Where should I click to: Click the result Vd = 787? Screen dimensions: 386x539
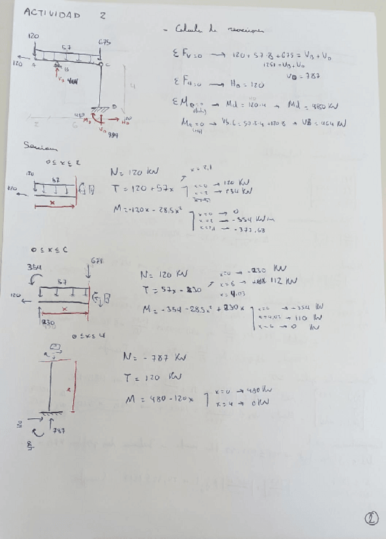coord(307,74)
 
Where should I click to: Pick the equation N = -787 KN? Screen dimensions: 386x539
coord(149,358)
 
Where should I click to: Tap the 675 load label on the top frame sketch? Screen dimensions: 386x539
coord(104,43)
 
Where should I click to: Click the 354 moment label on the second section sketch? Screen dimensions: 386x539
coord(34,267)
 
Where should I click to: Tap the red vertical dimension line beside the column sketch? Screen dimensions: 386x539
coord(75,385)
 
